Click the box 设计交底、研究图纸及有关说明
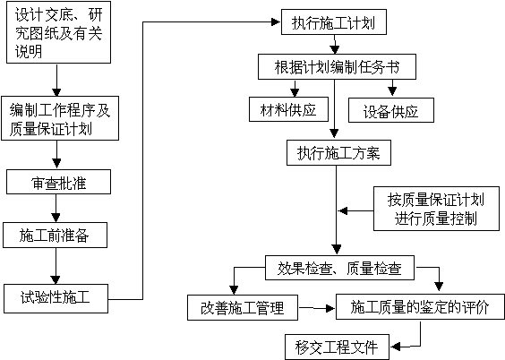[x=58, y=32]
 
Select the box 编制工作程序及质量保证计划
[x=60, y=118]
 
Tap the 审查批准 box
[x=58, y=182]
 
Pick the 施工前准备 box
[x=56, y=235]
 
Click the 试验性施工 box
[x=56, y=298]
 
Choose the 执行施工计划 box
[x=334, y=22]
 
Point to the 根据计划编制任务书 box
[x=337, y=66]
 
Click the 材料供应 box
[x=288, y=109]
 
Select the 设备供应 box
[x=391, y=110]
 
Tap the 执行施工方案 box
[x=338, y=152]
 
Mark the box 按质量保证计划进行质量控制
[x=436, y=209]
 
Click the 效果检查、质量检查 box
[x=339, y=268]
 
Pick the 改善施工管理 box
[x=243, y=307]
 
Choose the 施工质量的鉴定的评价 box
[x=420, y=306]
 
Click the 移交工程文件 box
[x=337, y=347]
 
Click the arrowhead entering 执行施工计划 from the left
[x=276, y=21]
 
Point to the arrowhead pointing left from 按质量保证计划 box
[x=343, y=211]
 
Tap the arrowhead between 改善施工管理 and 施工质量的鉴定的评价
[x=330, y=308]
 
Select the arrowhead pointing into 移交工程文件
[x=396, y=347]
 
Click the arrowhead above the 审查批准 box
[x=57, y=164]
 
